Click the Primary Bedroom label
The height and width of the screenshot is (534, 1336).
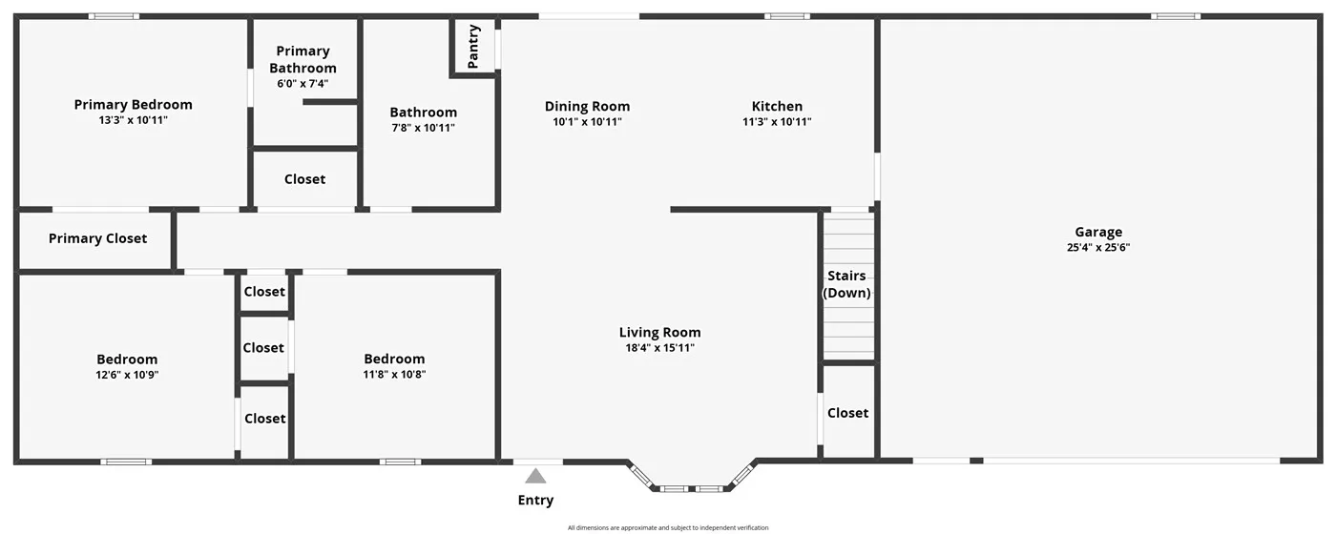point(133,105)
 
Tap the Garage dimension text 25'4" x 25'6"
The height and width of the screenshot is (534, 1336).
point(1098,247)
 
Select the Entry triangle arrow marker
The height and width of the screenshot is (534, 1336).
point(536,476)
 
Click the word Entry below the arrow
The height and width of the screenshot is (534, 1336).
point(535,501)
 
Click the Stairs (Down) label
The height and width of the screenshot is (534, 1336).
point(847,284)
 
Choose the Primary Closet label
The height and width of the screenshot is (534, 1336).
point(97,238)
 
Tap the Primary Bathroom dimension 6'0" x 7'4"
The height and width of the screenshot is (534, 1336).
point(303,84)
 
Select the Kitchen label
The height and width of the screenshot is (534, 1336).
point(777,106)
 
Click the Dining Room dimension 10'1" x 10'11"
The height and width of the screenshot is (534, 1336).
point(587,122)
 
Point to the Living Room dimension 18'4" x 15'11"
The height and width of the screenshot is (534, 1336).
point(659,348)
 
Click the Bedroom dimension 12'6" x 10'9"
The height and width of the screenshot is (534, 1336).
point(127,375)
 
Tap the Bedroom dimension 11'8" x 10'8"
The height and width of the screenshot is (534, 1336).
point(394,375)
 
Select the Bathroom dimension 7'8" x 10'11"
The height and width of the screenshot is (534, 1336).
point(423,128)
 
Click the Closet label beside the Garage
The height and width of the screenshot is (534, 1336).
point(847,413)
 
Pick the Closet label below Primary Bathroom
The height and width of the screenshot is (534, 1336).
point(304,179)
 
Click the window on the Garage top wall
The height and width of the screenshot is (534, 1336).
point(1175,16)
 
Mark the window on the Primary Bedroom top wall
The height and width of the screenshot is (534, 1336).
point(114,16)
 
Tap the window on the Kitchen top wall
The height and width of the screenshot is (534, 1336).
point(787,16)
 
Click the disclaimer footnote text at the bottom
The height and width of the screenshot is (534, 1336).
point(668,527)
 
